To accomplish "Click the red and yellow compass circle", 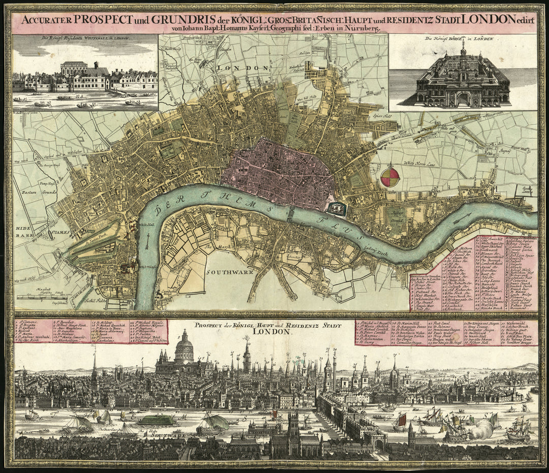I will click(x=390, y=177).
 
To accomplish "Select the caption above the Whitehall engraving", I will click(x=85, y=39).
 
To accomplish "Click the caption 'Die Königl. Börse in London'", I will click(x=462, y=39).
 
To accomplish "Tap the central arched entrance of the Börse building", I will click(x=463, y=98).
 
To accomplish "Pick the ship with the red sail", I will click(x=401, y=421).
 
